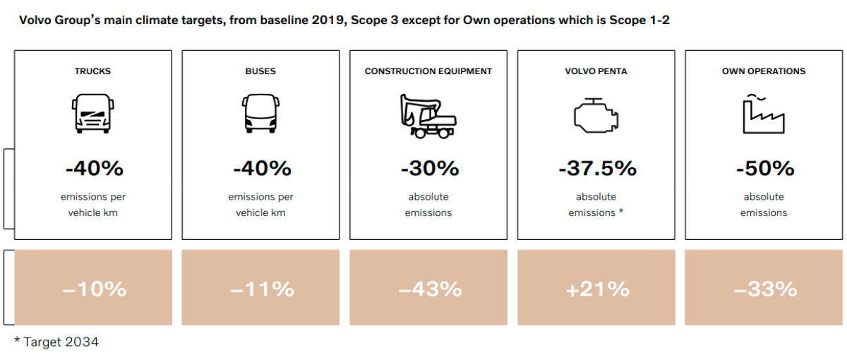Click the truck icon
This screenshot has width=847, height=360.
[x=92, y=114]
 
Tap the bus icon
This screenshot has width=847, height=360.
[x=261, y=114]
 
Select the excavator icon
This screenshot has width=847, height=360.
[x=428, y=115]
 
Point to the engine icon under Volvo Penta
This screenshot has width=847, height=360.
[x=596, y=116]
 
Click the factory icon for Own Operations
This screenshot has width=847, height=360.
[x=763, y=114]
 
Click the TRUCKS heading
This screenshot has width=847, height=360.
[x=92, y=71]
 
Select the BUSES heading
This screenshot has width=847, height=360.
[x=260, y=71]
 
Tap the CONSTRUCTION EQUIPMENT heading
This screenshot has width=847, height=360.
[x=428, y=71]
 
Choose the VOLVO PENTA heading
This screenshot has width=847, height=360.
[x=596, y=71]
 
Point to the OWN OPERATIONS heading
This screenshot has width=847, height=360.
[x=764, y=71]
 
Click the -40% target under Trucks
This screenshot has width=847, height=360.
[x=93, y=169]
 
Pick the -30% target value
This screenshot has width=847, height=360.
[x=428, y=169]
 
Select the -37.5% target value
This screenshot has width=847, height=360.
[x=596, y=169]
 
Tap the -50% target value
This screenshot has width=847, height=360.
[x=764, y=169]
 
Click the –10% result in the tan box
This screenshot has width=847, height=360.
[x=94, y=289]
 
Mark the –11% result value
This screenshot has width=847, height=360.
[x=261, y=289]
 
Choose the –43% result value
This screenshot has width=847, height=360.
[x=428, y=289]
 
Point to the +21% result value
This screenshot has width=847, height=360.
[x=596, y=289]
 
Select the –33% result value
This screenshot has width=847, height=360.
[x=764, y=289]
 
